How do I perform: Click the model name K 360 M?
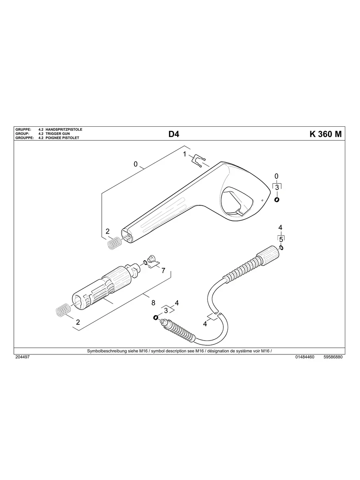(325, 134)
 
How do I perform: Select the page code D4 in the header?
(174, 134)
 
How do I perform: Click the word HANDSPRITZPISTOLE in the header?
(64, 130)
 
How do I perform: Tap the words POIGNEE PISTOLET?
(62, 138)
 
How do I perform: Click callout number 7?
(163, 270)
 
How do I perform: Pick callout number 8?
(153, 303)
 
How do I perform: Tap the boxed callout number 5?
(281, 239)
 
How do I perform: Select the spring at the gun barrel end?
(114, 242)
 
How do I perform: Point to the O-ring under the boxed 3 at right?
(277, 200)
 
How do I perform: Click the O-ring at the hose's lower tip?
(155, 317)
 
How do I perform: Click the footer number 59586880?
(333, 357)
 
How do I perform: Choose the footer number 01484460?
(305, 357)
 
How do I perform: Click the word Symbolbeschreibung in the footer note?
(105, 351)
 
